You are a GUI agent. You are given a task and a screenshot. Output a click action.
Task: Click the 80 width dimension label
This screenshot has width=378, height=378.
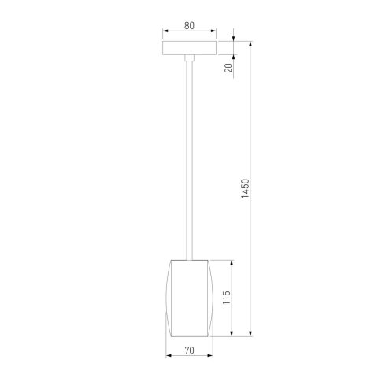189,25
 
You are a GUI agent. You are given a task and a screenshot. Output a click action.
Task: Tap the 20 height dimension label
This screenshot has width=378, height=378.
228,69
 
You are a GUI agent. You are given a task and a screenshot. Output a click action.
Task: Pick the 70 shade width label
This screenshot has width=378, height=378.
189,350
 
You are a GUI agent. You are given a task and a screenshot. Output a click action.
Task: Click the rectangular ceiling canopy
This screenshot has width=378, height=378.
189,47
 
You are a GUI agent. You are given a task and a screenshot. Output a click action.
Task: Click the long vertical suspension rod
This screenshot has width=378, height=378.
189,157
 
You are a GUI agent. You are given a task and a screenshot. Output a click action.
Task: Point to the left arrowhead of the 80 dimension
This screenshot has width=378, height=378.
165,32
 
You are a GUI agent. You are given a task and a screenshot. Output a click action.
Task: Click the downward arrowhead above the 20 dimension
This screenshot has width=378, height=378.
235,36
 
